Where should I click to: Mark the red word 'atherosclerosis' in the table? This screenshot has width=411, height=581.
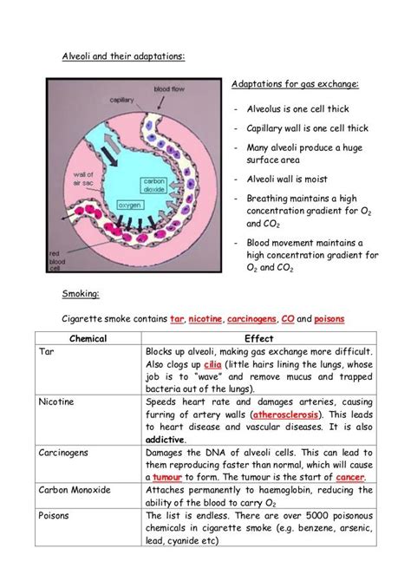pyautogui.click(x=281, y=415)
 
